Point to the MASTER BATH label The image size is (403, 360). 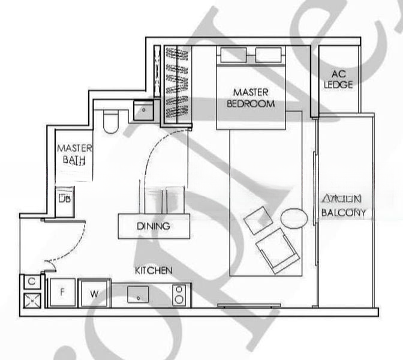point(74,154)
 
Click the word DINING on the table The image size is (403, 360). point(154,227)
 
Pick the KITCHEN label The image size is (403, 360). point(154,271)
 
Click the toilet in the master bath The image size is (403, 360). point(112,122)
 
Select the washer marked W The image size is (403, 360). point(94,293)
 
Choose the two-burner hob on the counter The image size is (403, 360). point(180,294)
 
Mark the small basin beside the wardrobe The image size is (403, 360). point(144,110)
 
